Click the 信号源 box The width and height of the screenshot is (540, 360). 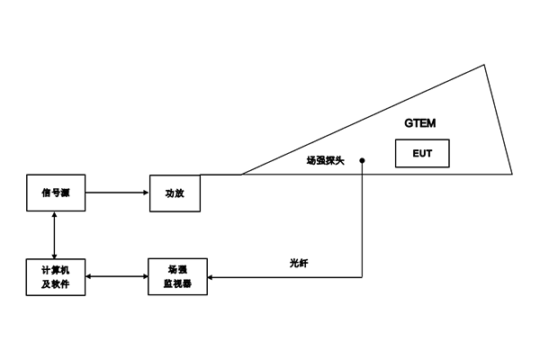coord(55,192)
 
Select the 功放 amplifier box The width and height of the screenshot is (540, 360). coord(175,192)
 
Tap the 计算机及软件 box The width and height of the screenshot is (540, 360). coord(55,277)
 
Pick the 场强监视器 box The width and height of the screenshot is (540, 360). coord(176,277)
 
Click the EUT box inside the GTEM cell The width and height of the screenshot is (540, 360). coord(422,153)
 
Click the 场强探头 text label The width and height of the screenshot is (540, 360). coord(325,160)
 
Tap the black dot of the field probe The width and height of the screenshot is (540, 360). coord(362,160)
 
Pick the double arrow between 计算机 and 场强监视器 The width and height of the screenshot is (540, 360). coord(116,277)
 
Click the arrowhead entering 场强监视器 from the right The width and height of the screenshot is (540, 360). coord(211,277)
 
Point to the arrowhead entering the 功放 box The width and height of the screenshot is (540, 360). coord(147,192)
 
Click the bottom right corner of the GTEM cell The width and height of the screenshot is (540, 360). coord(513,174)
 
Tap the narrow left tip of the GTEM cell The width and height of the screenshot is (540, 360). coord(241,174)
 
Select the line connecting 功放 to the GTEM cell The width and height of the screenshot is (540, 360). coord(220,174)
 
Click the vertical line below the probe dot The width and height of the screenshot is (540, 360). coord(362,225)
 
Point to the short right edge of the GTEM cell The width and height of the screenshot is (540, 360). coord(499,119)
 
